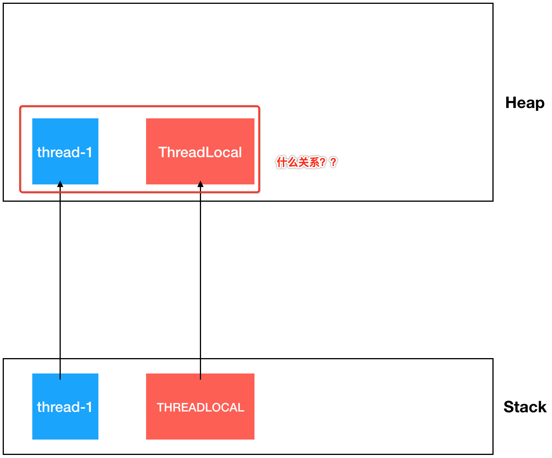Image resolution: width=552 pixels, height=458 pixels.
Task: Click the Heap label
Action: [524, 103]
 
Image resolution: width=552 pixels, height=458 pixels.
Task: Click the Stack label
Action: [525, 407]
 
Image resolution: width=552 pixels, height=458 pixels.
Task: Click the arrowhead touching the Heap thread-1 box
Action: [60, 184]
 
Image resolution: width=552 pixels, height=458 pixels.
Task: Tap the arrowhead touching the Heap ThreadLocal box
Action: [200, 184]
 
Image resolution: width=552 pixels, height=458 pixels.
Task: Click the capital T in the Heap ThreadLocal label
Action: [163, 153]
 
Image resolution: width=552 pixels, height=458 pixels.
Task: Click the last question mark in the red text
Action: [333, 163]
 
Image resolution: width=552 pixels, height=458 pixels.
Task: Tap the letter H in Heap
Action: [510, 103]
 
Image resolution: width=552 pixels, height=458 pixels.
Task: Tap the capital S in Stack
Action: [509, 407]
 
